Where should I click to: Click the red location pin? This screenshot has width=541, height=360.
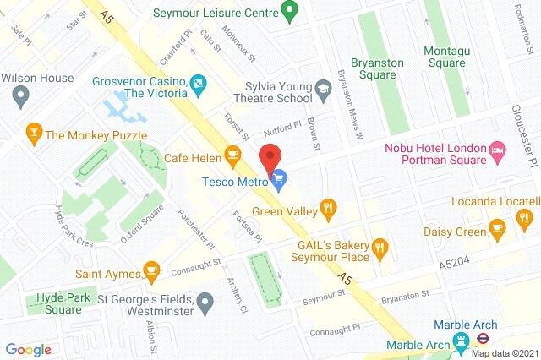(x=270, y=158)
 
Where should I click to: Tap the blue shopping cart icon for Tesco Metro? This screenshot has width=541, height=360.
(x=280, y=177)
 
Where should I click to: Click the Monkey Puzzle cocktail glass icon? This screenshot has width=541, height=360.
(x=33, y=134)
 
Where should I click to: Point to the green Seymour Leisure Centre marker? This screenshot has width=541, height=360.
(x=289, y=13)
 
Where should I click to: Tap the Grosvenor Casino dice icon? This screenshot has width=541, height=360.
(x=197, y=83)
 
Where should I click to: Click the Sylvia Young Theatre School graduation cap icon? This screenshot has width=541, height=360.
(x=322, y=87)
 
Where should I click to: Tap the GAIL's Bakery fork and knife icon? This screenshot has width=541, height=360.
(x=381, y=247)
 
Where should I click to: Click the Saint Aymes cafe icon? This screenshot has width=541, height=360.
(x=151, y=270)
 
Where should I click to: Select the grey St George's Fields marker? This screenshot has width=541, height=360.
(x=204, y=300)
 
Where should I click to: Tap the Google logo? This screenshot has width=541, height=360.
(x=28, y=349)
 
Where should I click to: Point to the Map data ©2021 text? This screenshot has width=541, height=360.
(x=504, y=353)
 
